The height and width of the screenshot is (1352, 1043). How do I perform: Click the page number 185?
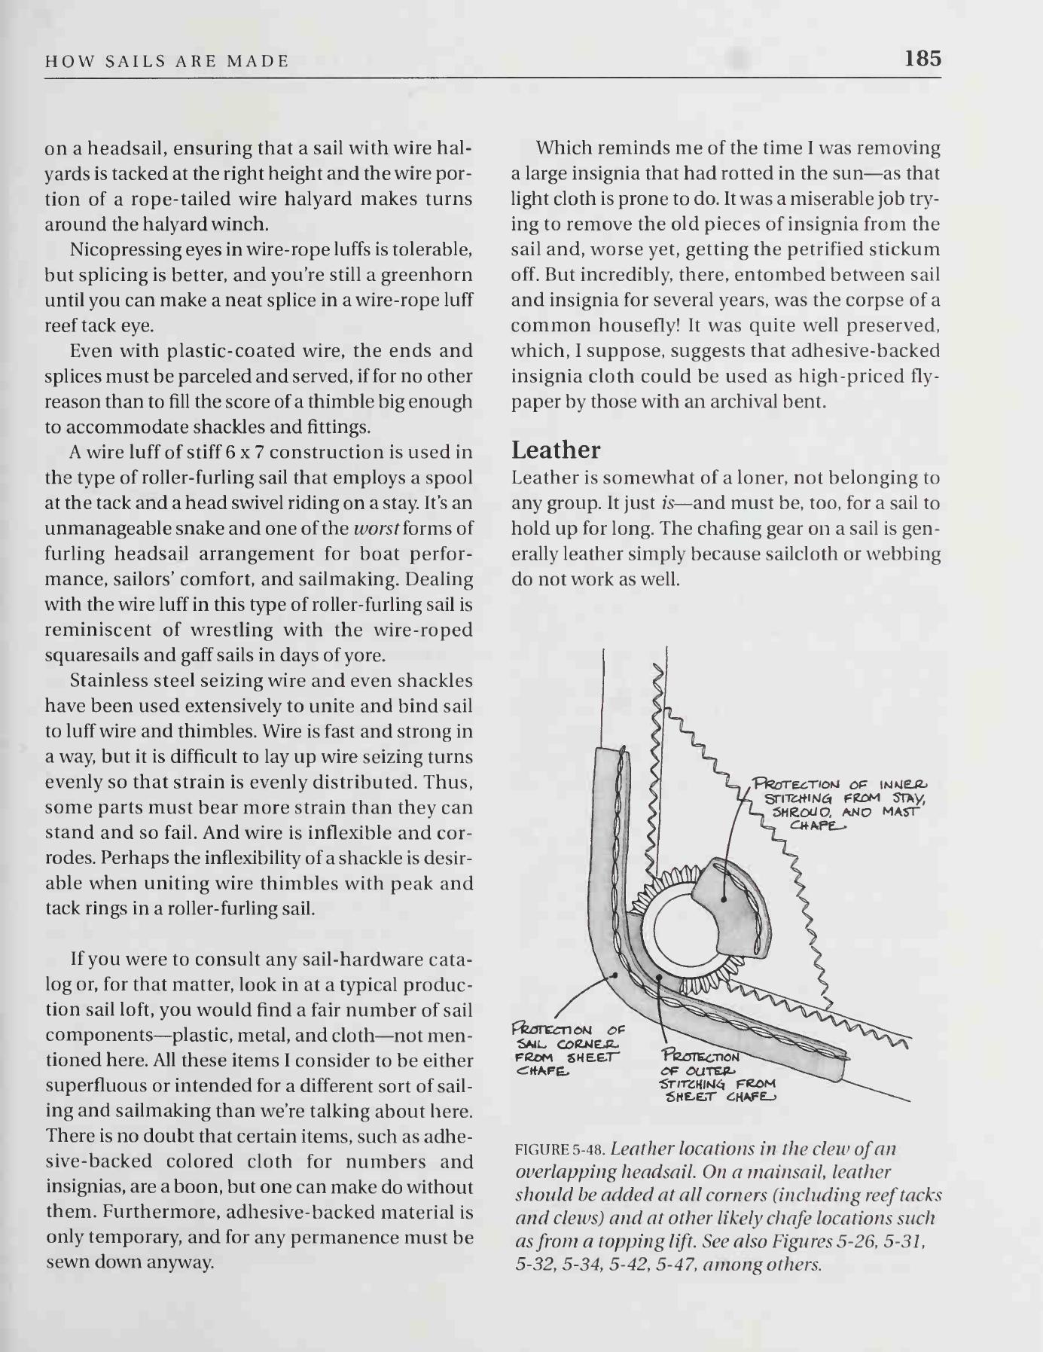pyautogui.click(x=923, y=58)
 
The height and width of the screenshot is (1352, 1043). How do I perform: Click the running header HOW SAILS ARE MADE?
pyautogui.click(x=167, y=62)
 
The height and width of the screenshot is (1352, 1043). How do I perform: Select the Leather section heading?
pyautogui.click(x=556, y=450)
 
